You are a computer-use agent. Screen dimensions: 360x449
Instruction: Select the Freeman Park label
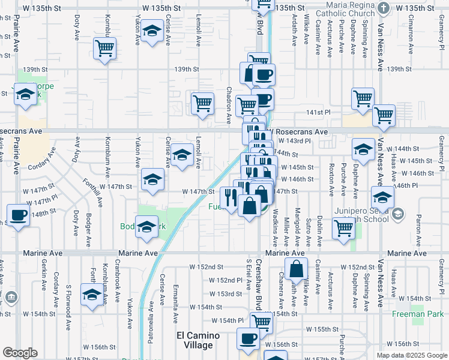pyautogui.click(x=418, y=314)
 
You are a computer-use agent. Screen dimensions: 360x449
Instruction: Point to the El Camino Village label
pyautogui.click(x=194, y=340)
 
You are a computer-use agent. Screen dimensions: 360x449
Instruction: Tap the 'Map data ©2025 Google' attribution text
pyautogui.click(x=412, y=355)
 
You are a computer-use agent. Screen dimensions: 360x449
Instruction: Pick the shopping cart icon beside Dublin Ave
pyautogui.click(x=343, y=227)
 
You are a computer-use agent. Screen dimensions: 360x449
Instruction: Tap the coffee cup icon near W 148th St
pyautogui.click(x=18, y=215)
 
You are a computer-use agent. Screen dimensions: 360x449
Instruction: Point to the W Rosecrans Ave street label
pyautogui.click(x=298, y=131)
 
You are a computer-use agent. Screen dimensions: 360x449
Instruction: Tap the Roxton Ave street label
pyautogui.click(x=331, y=179)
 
